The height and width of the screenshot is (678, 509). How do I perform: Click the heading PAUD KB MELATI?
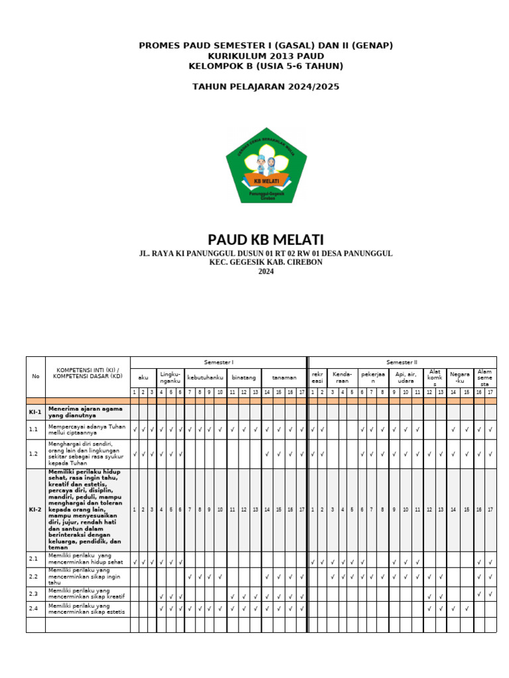click(x=266, y=240)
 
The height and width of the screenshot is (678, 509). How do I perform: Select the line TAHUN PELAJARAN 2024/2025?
click(x=266, y=87)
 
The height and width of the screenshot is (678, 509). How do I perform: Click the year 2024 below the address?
click(x=266, y=271)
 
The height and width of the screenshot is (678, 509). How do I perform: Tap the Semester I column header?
click(x=219, y=362)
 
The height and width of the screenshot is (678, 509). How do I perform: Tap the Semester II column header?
click(x=402, y=362)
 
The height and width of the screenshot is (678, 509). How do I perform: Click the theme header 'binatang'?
click(x=243, y=377)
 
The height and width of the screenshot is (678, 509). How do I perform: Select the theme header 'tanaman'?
click(x=284, y=377)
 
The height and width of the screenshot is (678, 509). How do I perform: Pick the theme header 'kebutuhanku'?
click(x=205, y=377)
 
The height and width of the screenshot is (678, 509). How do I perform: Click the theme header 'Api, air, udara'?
click(x=406, y=377)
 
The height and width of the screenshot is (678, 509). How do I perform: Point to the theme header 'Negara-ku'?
click(x=459, y=377)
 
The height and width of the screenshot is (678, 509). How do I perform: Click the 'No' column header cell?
click(x=36, y=376)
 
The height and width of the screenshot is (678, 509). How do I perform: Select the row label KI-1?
click(x=36, y=412)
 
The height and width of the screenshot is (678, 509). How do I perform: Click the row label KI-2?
click(x=36, y=510)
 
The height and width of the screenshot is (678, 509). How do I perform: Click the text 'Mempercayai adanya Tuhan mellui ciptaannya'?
click(x=86, y=430)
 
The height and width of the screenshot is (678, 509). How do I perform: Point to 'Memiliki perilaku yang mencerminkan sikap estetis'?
click(x=86, y=608)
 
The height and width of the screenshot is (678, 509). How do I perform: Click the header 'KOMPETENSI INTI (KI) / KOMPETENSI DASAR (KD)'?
click(x=88, y=373)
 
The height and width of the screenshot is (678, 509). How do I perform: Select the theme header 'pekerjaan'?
click(x=373, y=377)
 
